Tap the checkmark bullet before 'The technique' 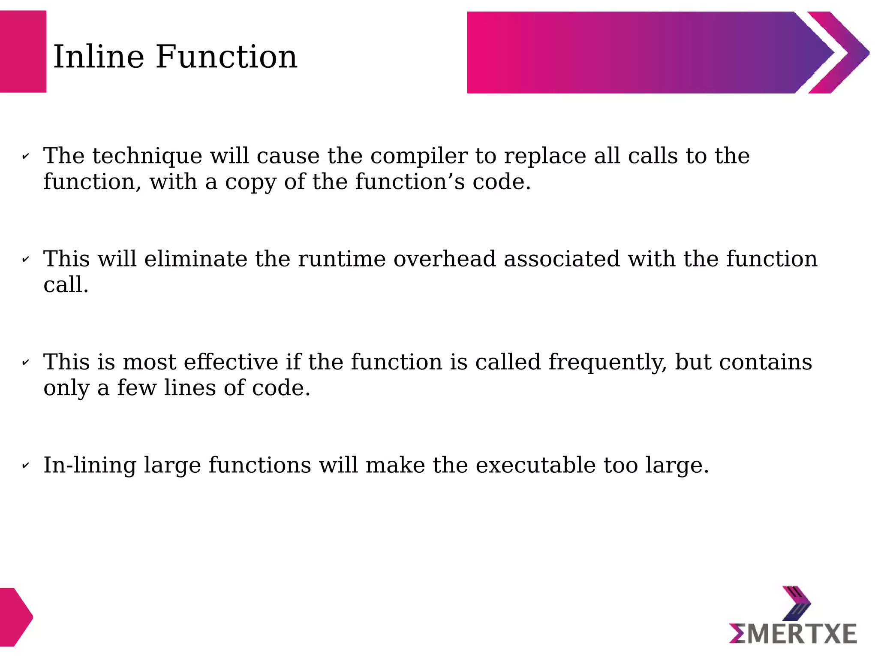tap(25, 157)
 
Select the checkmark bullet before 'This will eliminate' tap(25, 260)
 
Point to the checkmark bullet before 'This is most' tap(25, 363)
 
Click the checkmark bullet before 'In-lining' tap(25, 466)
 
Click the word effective tap(231, 362)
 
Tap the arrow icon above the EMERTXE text tap(797, 603)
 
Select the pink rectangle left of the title tap(23, 51)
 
